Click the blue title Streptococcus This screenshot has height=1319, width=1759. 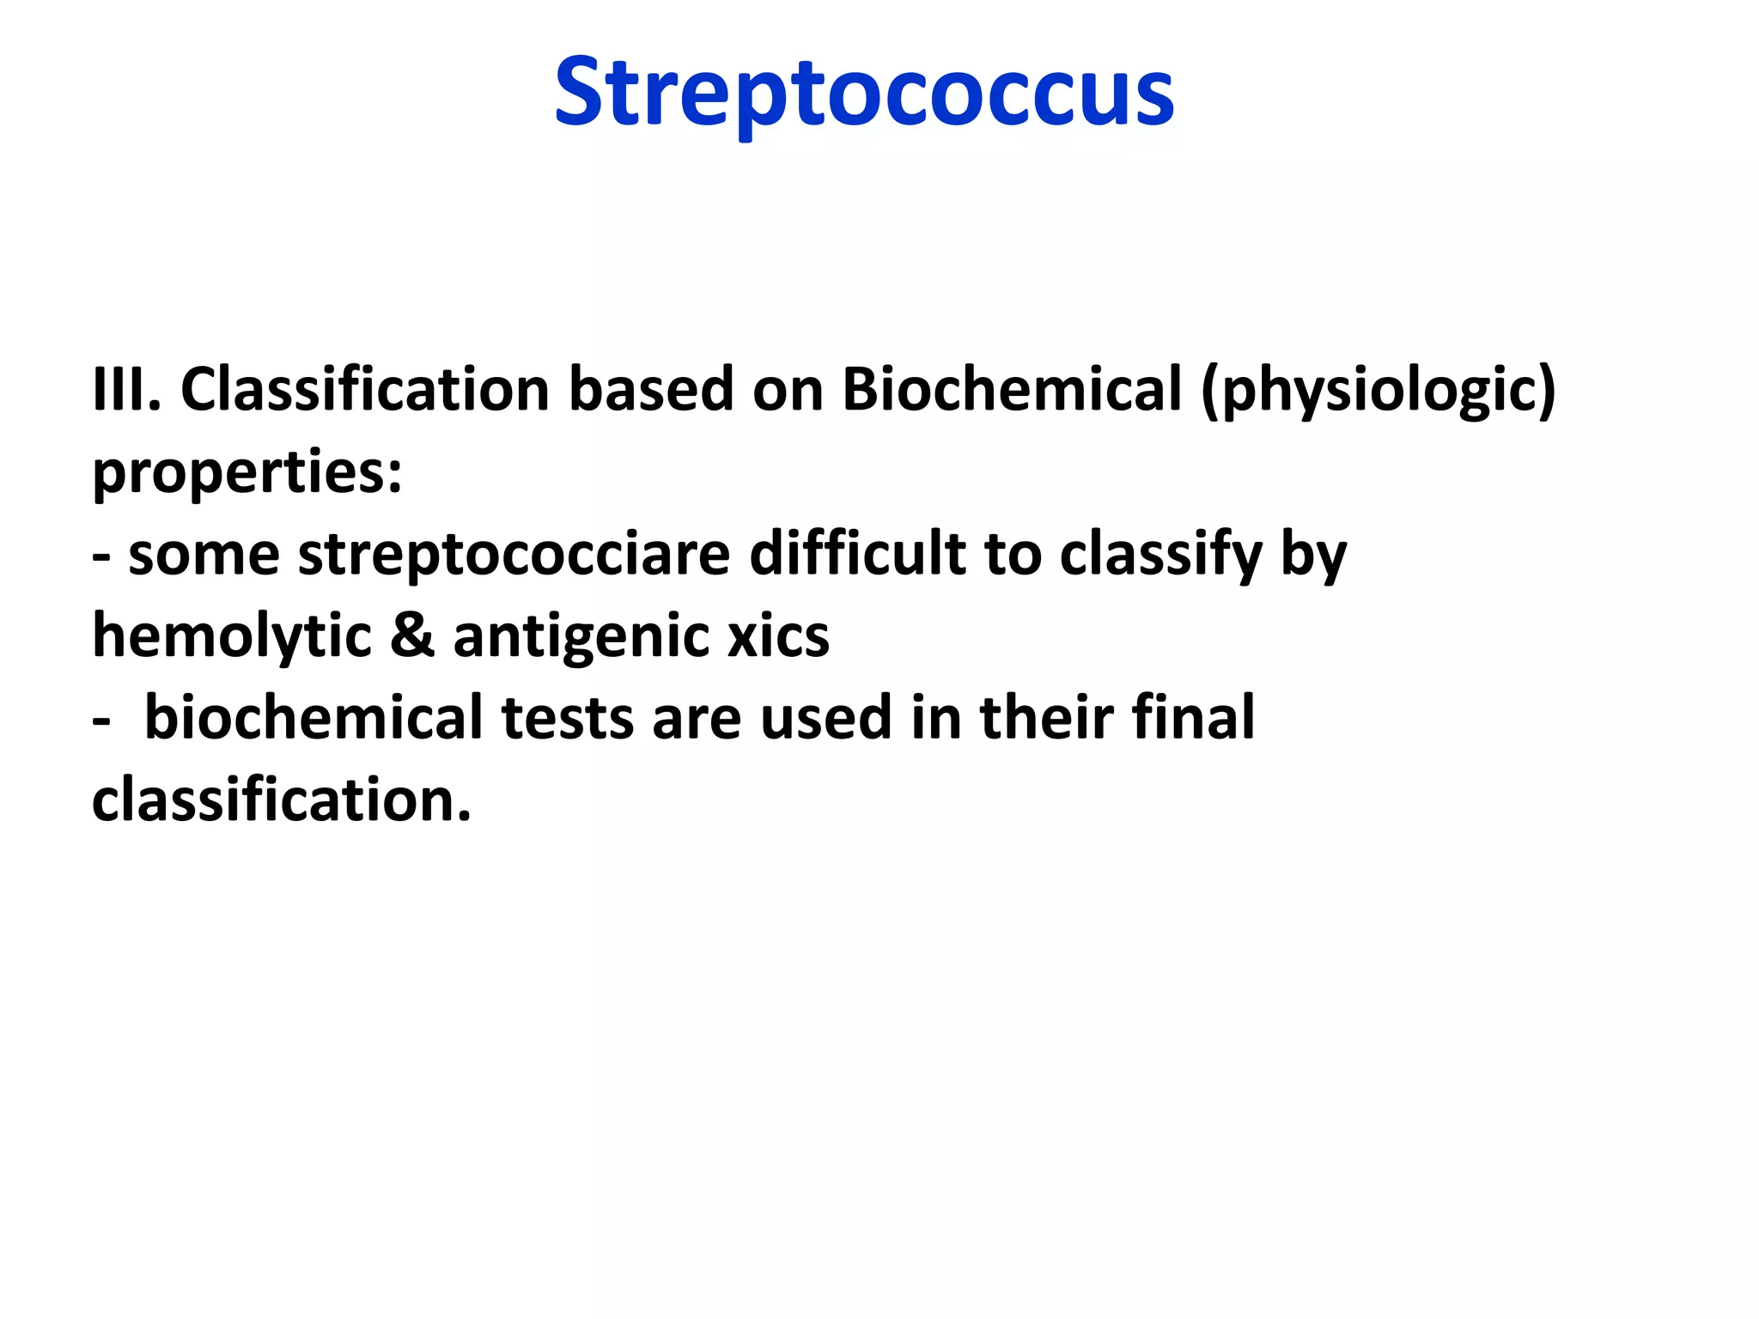(864, 93)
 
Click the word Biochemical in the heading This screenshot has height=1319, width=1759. (1012, 390)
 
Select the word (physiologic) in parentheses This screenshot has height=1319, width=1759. (1378, 392)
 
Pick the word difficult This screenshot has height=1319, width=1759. (857, 553)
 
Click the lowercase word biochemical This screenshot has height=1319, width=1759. (313, 718)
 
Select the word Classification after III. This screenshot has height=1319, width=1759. (364, 390)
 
